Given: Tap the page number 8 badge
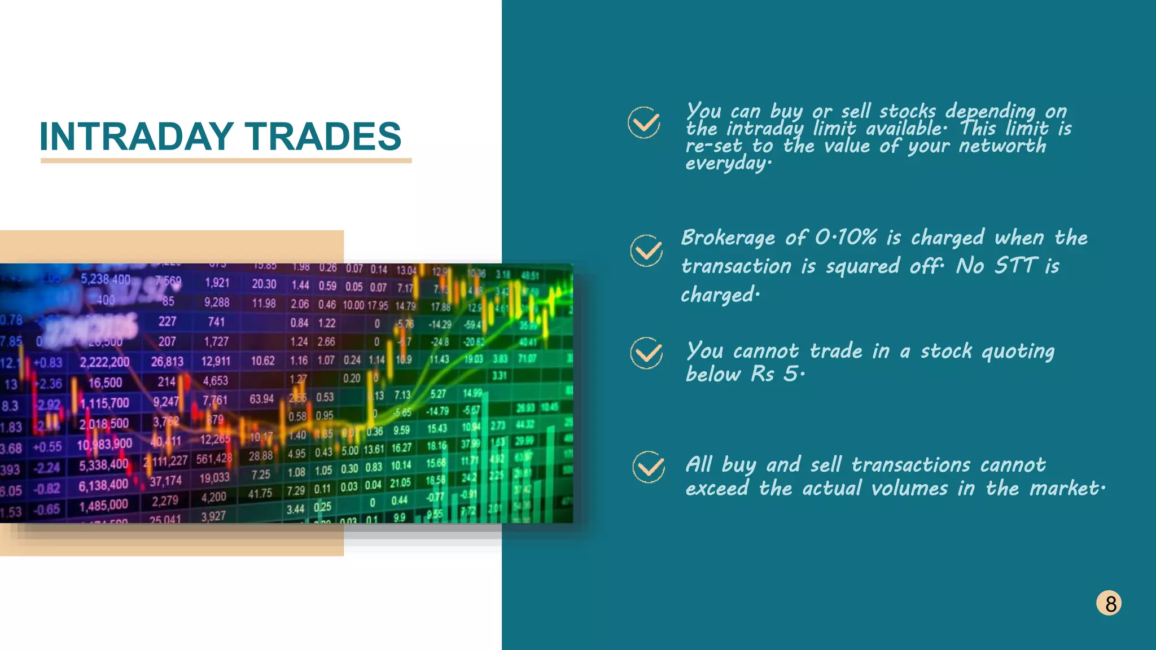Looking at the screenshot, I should coord(1109,603).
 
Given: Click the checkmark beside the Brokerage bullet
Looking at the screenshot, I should coord(647,251).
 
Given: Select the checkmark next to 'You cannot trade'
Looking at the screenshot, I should coord(647,353).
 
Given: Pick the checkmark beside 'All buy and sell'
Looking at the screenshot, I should coord(649,467).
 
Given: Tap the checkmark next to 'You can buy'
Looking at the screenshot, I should coord(644,122).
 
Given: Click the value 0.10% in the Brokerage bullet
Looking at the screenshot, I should coord(846,238).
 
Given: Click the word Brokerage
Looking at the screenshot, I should coord(728,238).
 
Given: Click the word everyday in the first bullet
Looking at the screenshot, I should coord(727,164).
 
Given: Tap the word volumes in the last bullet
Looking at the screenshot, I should coord(909,488).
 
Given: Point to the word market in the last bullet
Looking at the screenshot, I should coord(1064,488).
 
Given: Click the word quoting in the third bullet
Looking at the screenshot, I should coord(1018,352).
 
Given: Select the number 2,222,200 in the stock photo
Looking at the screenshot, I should coord(104,362).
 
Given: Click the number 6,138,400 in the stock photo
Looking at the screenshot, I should coord(103,485).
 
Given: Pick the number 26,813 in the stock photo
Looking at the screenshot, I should coord(167,362).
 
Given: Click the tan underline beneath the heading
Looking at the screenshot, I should coord(226,161).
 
